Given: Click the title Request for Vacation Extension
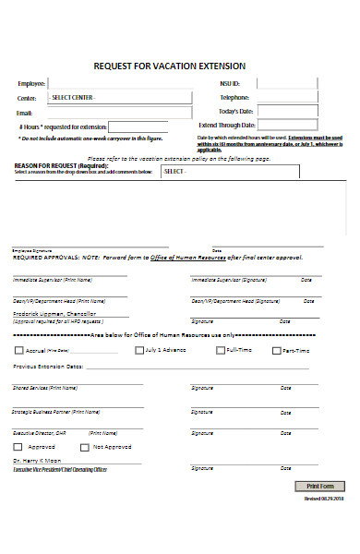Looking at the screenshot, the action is point(170,66).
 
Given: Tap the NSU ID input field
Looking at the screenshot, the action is point(295,84).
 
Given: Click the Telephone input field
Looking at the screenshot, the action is point(295,98).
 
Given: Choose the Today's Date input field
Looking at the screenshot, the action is point(295,112).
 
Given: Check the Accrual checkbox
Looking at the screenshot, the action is point(19,351).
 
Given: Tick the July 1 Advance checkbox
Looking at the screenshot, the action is point(138,351).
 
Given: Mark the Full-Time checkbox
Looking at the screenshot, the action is point(220,351).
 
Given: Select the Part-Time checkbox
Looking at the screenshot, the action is point(276,351).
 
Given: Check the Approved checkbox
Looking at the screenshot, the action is point(20,447).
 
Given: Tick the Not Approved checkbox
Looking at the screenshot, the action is point(85,447).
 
